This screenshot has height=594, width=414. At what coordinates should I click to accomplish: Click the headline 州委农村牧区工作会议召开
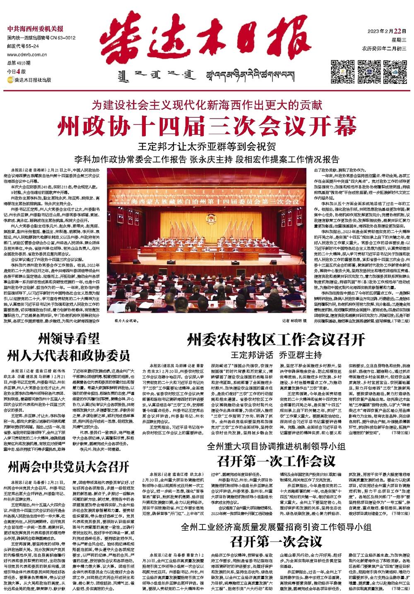point(276,340)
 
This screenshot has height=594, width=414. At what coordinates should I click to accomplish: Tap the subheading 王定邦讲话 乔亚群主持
point(276,355)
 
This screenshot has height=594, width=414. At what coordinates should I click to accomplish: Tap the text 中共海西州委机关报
point(36,29)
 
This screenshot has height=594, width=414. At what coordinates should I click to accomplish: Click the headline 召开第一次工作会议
point(276,461)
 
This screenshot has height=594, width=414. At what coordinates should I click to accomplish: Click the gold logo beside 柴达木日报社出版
point(10,80)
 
